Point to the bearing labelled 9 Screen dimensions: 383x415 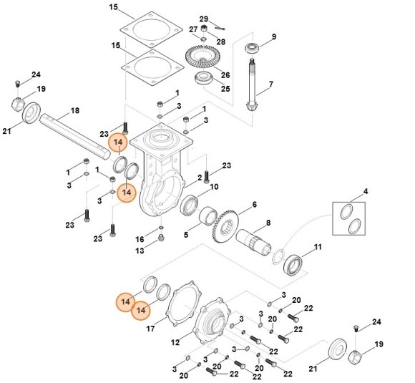coord(252,48)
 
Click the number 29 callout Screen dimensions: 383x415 coord(203,19)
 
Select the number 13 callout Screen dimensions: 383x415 coord(140,250)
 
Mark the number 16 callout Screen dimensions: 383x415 coord(140,238)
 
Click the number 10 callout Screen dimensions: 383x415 coord(213,187)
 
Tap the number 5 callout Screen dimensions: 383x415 coord(186,233)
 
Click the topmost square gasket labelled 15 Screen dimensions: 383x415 coord(150,31)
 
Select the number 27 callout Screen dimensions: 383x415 coord(192,29)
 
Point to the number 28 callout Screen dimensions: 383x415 coord(221,42)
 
